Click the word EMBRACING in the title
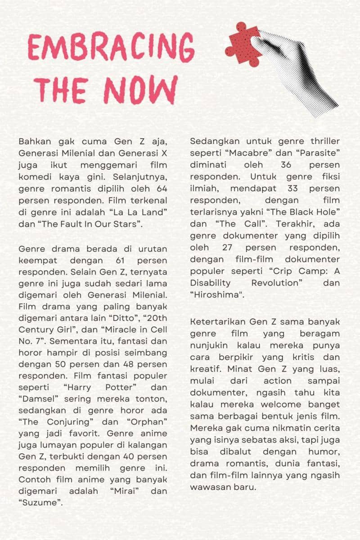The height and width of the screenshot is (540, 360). point(111,48)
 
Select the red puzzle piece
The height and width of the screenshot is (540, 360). point(243,45)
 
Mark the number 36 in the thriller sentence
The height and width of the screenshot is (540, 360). point(286,165)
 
